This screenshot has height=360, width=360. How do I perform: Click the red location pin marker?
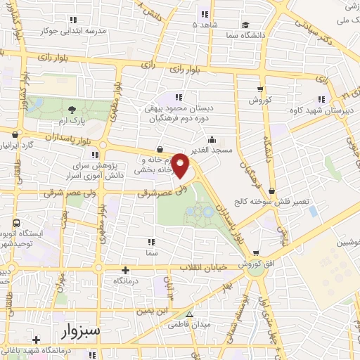click(x=181, y=165)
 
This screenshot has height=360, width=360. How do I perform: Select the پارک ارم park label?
click(x=72, y=121)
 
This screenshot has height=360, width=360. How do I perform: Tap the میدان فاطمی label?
click(x=188, y=326)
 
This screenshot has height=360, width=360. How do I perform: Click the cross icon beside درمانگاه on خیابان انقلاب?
click(x=127, y=270)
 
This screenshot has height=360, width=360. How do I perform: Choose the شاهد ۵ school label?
click(x=205, y=25)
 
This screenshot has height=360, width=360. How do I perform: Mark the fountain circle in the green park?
click(x=206, y=211)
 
